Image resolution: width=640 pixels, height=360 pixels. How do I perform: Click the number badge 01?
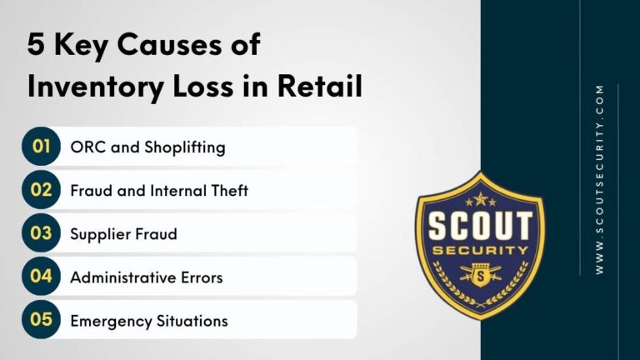click(x=41, y=147)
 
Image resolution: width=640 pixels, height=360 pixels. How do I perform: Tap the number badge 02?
click(x=41, y=190)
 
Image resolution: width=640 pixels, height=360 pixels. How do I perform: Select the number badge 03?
click(x=41, y=233)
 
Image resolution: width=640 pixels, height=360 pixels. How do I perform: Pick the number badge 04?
click(x=41, y=277)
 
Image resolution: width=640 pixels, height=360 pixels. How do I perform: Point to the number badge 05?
click(x=41, y=320)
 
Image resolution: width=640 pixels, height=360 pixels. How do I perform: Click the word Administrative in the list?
click(x=121, y=277)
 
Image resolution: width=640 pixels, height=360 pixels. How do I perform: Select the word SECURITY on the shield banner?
click(x=479, y=251)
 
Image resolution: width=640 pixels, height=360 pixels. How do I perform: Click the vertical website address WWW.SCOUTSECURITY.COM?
click(x=600, y=180)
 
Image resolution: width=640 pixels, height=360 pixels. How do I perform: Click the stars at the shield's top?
click(x=479, y=199)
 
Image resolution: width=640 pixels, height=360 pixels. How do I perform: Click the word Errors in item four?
click(x=200, y=277)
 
